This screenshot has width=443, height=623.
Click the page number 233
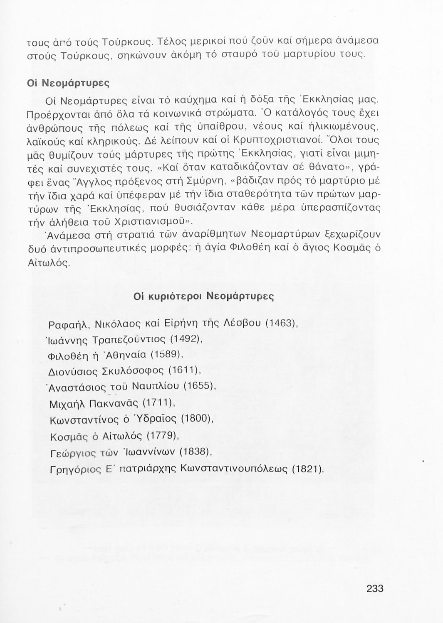(375, 588)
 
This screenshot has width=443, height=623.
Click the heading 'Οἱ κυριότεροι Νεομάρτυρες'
(204, 297)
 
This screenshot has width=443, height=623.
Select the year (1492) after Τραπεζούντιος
(186, 339)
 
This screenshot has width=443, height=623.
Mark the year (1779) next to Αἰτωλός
(163, 435)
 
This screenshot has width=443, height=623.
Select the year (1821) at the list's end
(307, 468)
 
